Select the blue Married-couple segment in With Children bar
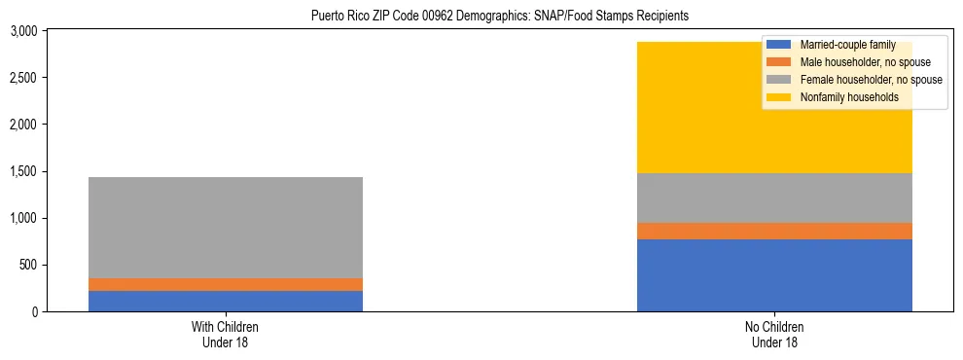pyautogui.click(x=225, y=301)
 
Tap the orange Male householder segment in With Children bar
pyautogui.click(x=225, y=284)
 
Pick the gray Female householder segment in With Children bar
pyautogui.click(x=225, y=228)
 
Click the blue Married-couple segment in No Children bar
pyautogui.click(x=774, y=275)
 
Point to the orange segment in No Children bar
pyautogui.click(x=774, y=231)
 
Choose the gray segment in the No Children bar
pyautogui.click(x=774, y=198)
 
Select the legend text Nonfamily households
pyautogui.click(x=843, y=97)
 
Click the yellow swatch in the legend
pyautogui.click(x=778, y=97)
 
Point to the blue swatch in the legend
pyautogui.click(x=778, y=46)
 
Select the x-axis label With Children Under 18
pyautogui.click(x=225, y=334)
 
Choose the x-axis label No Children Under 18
pyautogui.click(x=774, y=334)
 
